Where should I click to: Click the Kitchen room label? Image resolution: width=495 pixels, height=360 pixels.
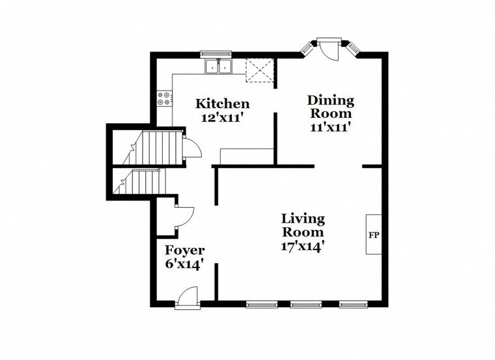click(223, 104)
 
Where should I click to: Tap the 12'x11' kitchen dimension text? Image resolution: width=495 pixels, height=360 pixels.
click(223, 118)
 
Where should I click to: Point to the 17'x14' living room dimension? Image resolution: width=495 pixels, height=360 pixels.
click(302, 247)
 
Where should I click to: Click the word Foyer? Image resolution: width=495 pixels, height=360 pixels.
click(184, 251)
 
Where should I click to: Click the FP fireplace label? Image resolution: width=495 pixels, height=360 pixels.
click(374, 235)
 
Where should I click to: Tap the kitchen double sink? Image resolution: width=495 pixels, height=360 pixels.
click(218, 66)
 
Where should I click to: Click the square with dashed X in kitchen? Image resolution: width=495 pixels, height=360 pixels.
click(259, 71)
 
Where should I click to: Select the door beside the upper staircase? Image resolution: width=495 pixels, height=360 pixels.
click(191, 149)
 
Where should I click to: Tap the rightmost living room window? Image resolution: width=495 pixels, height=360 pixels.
click(354, 303)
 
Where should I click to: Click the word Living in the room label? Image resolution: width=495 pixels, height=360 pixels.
click(302, 219)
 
